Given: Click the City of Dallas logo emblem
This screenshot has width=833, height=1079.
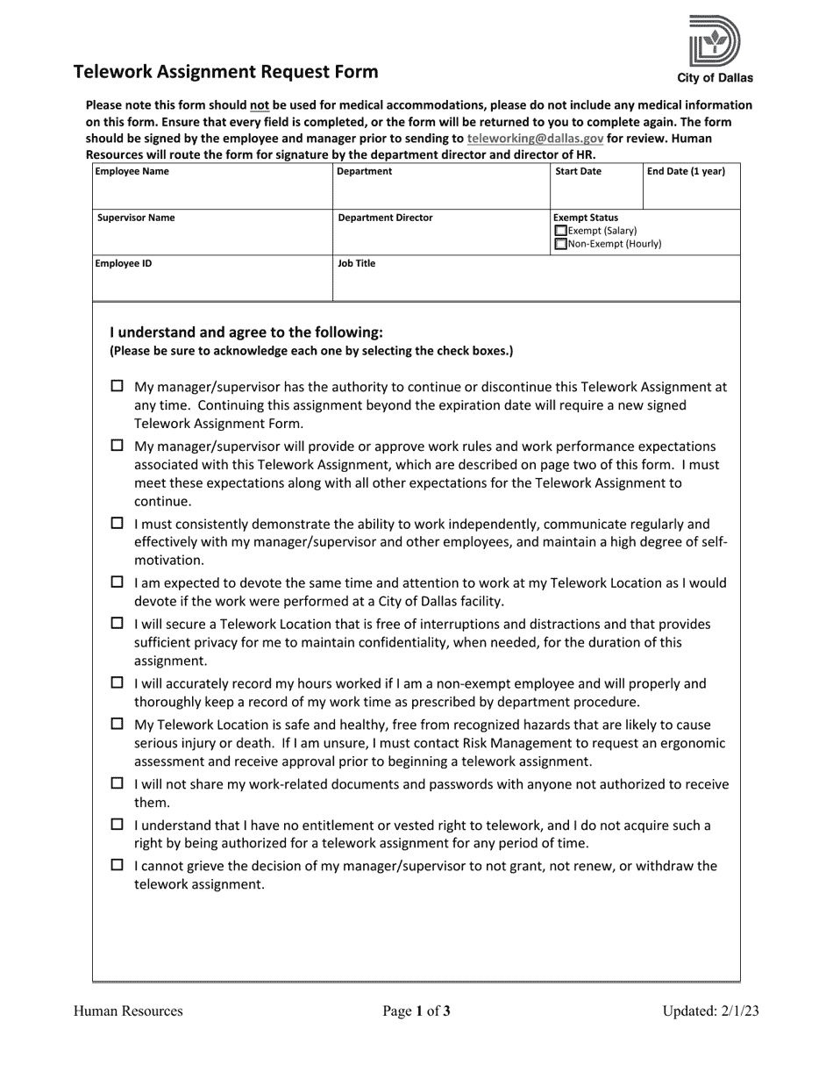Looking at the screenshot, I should (x=715, y=40).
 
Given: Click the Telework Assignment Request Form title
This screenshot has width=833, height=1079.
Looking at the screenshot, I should (x=226, y=72).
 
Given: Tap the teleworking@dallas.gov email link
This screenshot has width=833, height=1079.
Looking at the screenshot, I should (x=535, y=139).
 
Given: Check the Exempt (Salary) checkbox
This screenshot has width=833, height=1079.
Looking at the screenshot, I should (x=562, y=231).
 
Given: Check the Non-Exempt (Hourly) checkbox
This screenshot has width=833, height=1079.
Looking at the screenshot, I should (x=562, y=245).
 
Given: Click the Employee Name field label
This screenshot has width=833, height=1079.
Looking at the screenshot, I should (x=132, y=172).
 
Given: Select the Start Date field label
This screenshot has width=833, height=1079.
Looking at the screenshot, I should (x=578, y=172).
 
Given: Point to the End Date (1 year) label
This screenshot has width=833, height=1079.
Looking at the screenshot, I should (x=686, y=172).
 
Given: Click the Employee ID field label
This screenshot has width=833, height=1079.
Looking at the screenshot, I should (x=124, y=263).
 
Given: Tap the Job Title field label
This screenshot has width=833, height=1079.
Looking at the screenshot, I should (x=356, y=263).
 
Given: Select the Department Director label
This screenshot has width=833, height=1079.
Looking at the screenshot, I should (x=385, y=218).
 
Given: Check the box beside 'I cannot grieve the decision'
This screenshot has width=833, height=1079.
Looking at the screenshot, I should (x=117, y=865).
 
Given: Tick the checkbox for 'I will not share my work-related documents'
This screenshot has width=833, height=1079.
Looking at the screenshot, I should (x=117, y=783).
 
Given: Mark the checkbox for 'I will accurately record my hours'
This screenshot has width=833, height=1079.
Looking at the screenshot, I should (x=117, y=682).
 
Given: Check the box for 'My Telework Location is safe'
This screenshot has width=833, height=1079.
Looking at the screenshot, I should (x=117, y=724).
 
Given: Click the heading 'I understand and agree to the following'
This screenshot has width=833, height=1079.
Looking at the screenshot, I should (x=246, y=332).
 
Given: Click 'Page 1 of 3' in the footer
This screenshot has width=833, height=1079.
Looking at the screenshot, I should (x=416, y=1011).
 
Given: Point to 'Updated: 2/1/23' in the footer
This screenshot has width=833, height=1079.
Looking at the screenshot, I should (x=710, y=1011).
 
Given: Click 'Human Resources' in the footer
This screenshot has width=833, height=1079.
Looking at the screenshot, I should (x=128, y=1011).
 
